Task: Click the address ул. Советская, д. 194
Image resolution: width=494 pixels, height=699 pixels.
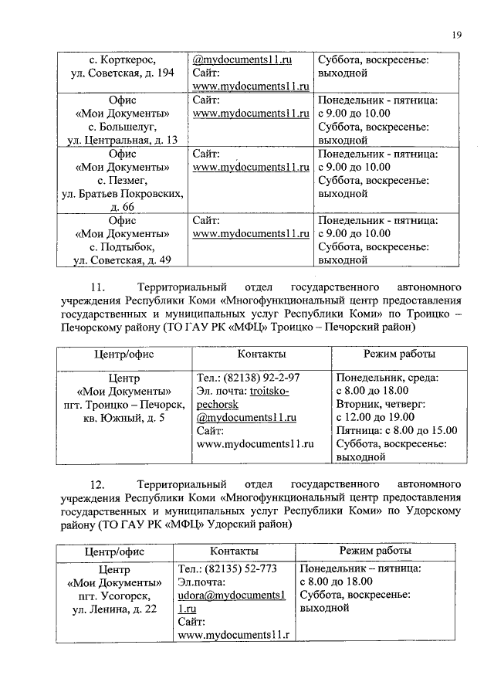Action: click(x=123, y=73)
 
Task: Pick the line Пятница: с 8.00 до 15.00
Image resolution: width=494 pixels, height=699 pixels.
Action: click(x=397, y=430)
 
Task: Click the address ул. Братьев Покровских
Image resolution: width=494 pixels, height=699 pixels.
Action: click(x=123, y=193)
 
